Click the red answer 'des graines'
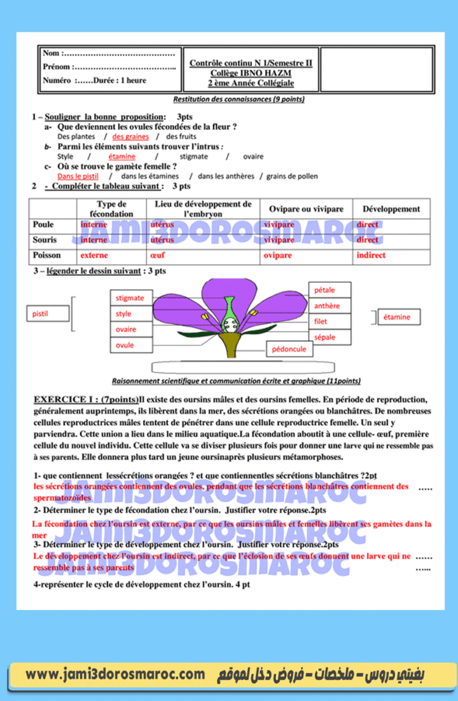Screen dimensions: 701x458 click(x=131, y=137)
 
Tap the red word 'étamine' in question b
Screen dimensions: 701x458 click(x=122, y=157)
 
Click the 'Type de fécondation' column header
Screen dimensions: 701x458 click(x=112, y=209)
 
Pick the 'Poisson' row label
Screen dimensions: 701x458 click(x=47, y=255)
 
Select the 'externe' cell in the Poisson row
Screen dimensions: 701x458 click(x=94, y=255)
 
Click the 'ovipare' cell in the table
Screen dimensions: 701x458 click(x=278, y=255)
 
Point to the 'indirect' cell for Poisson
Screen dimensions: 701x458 click(x=370, y=255)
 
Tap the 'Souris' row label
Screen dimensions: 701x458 click(x=44, y=240)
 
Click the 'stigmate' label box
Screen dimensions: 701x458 click(x=130, y=298)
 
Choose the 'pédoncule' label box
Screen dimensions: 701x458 click(x=289, y=349)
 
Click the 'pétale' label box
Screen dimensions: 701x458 click(x=329, y=290)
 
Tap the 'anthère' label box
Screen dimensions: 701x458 click(x=329, y=306)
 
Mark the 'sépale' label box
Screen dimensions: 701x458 click(x=329, y=337)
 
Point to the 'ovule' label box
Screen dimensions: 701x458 click(x=130, y=346)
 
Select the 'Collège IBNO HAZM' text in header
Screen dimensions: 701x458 click(x=251, y=73)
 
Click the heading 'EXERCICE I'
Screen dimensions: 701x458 click(x=65, y=399)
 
